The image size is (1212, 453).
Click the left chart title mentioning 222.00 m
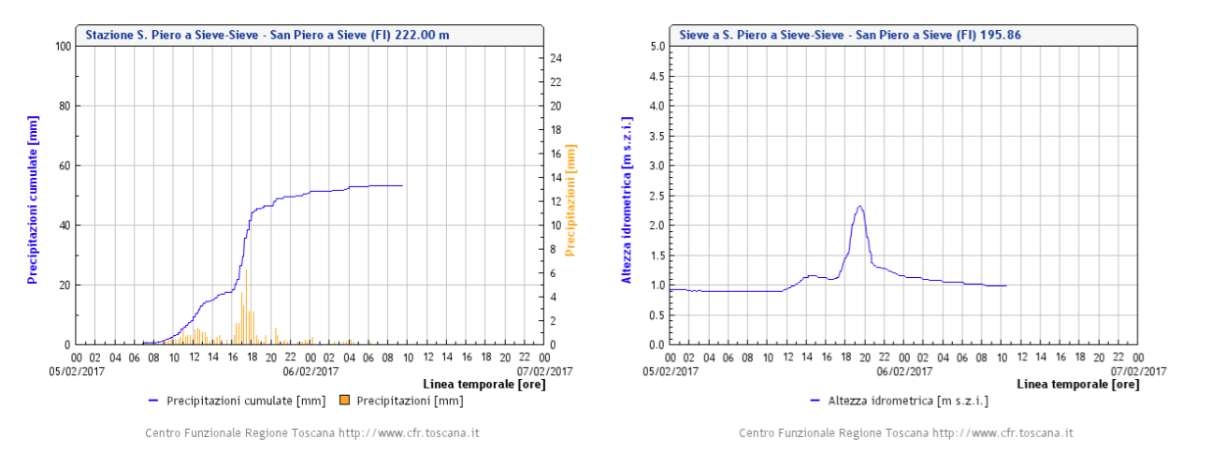(267, 35)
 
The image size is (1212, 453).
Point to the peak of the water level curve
(859, 207)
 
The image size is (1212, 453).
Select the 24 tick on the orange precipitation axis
(555, 58)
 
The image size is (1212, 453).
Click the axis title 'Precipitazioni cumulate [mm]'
(32, 196)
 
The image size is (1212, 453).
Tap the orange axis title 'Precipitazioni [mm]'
(570, 199)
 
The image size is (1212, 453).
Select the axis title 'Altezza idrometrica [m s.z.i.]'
(627, 200)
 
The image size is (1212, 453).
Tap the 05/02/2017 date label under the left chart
(79, 370)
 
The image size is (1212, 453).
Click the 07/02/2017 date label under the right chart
(1140, 370)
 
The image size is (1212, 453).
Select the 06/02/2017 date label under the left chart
(311, 370)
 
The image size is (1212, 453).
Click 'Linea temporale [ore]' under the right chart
(1076, 384)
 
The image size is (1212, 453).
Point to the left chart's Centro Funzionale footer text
(312, 433)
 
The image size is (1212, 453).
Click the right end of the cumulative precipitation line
(402, 185)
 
